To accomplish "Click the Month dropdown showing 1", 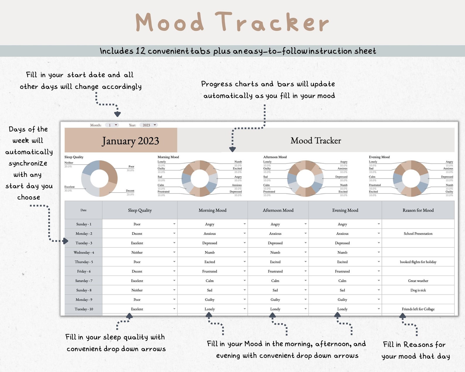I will [112, 125].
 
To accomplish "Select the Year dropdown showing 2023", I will [148, 125].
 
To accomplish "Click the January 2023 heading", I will [130, 141].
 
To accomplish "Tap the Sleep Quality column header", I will [140, 210].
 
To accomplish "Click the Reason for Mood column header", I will [418, 210].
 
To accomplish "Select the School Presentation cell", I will [418, 234].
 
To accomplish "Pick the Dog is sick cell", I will [418, 290].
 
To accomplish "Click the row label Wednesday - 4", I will [84, 252].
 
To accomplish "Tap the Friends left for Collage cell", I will [418, 309].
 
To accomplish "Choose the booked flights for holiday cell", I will [418, 262].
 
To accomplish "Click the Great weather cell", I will [418, 281].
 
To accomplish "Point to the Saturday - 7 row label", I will [84, 281].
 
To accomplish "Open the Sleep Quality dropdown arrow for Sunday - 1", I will [174, 224].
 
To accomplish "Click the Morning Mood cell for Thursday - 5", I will [210, 262].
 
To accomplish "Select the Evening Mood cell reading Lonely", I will [342, 309].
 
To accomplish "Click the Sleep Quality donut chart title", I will [74, 157].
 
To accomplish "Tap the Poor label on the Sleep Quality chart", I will [131, 166].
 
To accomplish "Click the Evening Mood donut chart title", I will [379, 157].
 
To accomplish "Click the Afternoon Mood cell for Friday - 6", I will [275, 272].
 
